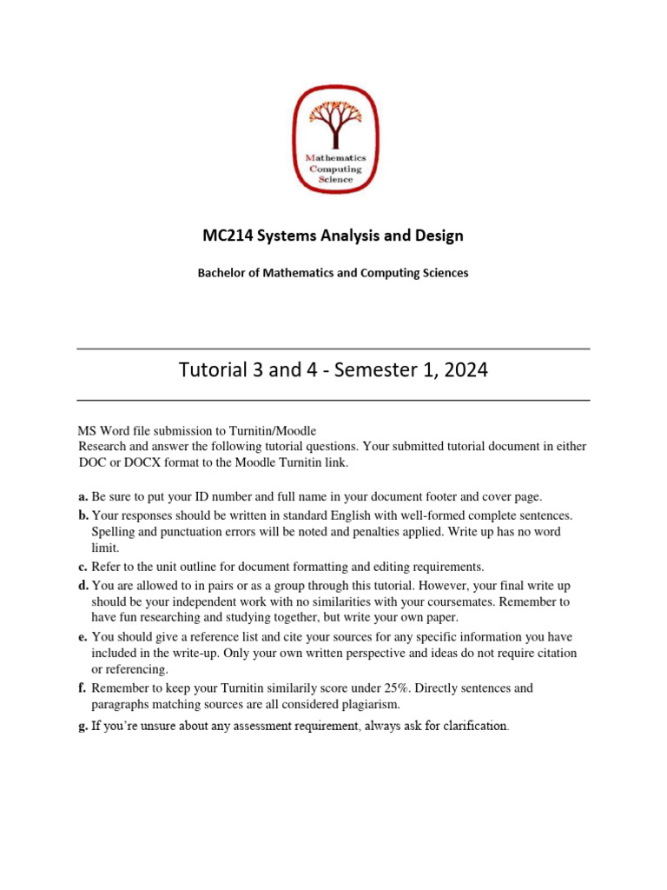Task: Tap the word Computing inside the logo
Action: pyautogui.click(x=335, y=169)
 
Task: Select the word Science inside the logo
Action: pyautogui.click(x=335, y=179)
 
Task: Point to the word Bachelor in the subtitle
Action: pyautogui.click(x=221, y=273)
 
